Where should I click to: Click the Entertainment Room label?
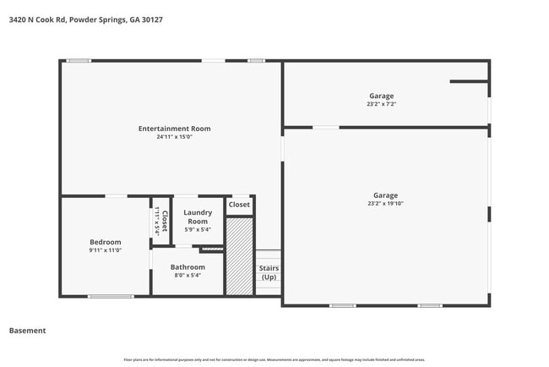[175, 129]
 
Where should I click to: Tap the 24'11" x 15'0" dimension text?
[175, 137]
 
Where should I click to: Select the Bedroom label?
[106, 242]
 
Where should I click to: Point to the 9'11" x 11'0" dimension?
[106, 250]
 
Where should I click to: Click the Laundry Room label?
[198, 217]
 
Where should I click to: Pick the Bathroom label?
[188, 267]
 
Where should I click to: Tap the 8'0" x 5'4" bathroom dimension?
[188, 276]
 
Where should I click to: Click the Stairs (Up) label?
[269, 273]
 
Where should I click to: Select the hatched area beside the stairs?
[240, 255]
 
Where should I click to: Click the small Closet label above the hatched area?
[239, 205]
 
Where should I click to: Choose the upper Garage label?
[381, 96]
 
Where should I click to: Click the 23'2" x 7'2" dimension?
[381, 104]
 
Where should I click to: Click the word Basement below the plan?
[27, 331]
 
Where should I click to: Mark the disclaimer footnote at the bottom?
[274, 359]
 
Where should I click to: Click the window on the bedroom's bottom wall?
[111, 296]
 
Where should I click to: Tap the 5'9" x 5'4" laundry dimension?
[198, 229]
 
